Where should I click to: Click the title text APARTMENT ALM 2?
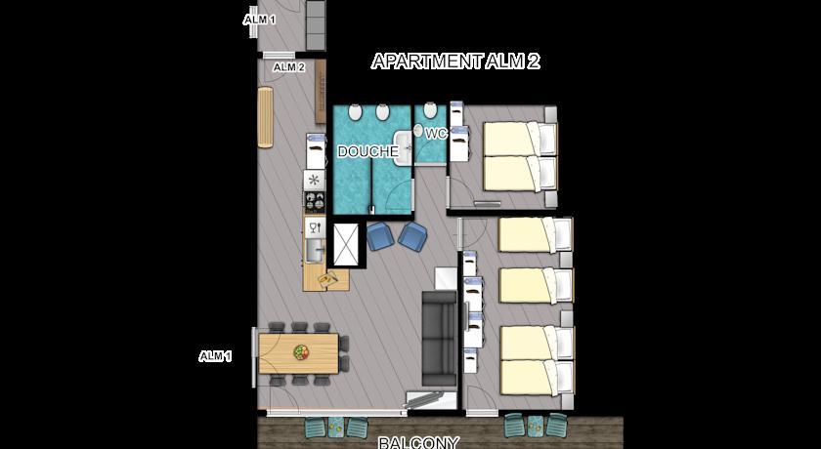tap(455, 61)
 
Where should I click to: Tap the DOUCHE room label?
tap(367, 152)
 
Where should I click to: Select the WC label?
tap(436, 135)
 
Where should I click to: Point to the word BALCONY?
tap(419, 443)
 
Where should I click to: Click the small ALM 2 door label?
tap(289, 67)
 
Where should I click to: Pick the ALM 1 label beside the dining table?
tap(215, 356)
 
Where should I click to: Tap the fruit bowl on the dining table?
tap(301, 351)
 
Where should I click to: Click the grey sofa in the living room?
tap(440, 339)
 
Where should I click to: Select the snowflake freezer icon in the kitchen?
tap(314, 181)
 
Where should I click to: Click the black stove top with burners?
tap(315, 202)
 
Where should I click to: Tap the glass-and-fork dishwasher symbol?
tap(315, 227)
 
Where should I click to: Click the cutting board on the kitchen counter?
tap(328, 280)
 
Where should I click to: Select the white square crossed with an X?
tap(346, 245)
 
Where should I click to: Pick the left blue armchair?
tap(380, 236)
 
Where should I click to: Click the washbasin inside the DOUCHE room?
tap(403, 148)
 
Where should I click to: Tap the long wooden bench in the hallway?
tap(266, 117)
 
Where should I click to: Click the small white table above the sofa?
tap(446, 278)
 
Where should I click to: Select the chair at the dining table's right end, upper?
tap(344, 344)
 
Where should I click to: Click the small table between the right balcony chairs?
tap(536, 425)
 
